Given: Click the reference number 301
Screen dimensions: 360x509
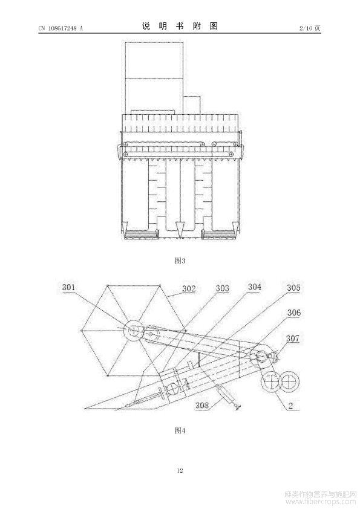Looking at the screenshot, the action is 68,287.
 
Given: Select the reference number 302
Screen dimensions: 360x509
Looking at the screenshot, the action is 189,288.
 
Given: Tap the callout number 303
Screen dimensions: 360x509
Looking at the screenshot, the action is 223,288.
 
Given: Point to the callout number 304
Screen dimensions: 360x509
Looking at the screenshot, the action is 254,287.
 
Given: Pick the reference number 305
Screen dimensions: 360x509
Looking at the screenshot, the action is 293,288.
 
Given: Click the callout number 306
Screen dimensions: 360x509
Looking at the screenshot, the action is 294,313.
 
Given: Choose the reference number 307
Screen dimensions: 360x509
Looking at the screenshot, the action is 293,339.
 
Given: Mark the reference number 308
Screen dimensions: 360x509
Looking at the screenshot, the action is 202,405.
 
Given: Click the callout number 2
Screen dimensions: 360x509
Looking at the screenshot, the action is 290,405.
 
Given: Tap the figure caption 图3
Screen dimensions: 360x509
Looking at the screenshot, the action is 180,261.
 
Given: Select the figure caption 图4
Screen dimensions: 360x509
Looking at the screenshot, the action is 180,430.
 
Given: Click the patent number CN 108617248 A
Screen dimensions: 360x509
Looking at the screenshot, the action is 61,28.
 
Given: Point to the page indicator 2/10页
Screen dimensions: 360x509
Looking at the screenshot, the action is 310,28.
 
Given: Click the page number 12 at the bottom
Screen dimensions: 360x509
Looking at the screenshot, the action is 180,470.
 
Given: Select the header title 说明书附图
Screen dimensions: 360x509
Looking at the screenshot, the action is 180,26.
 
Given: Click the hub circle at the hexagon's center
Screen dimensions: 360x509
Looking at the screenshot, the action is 134,331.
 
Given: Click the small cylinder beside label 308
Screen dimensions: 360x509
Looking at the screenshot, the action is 224,393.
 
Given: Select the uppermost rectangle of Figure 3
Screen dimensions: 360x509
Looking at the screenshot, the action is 154,60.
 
